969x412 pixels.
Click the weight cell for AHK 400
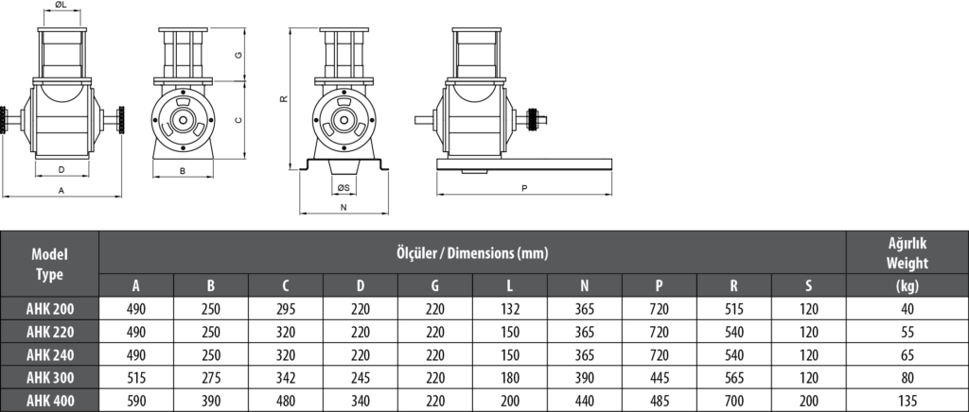click(x=907, y=402)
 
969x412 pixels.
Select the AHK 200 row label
click(x=50, y=308)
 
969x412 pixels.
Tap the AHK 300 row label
click(x=50, y=378)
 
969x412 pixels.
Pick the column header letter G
click(x=434, y=286)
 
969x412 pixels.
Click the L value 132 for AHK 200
click(x=509, y=308)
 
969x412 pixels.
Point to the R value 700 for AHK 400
click(x=733, y=402)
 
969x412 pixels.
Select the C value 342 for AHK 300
click(x=285, y=378)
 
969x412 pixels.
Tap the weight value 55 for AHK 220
click(x=907, y=332)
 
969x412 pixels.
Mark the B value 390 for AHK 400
click(x=210, y=402)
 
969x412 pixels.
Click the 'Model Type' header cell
click(x=50, y=264)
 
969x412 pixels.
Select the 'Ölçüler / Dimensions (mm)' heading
click(x=472, y=252)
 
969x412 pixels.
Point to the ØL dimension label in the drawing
click(x=60, y=7)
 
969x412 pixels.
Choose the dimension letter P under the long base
click(x=523, y=188)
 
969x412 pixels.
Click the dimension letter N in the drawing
click(x=343, y=206)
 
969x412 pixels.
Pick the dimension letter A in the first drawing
click(x=62, y=190)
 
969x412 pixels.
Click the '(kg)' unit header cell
click(x=907, y=286)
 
